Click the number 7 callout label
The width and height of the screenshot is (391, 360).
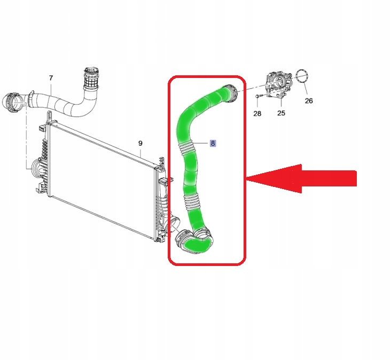point(51,78)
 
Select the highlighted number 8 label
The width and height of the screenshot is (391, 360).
point(213,143)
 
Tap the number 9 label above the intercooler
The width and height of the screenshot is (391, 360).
point(140,143)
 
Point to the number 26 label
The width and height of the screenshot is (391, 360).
point(309,100)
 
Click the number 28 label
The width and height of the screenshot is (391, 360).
point(257,113)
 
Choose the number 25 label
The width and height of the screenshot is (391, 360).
point(281,113)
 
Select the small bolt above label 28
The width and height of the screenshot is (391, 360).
point(257,96)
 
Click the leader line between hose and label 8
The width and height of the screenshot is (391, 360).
point(201,143)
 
